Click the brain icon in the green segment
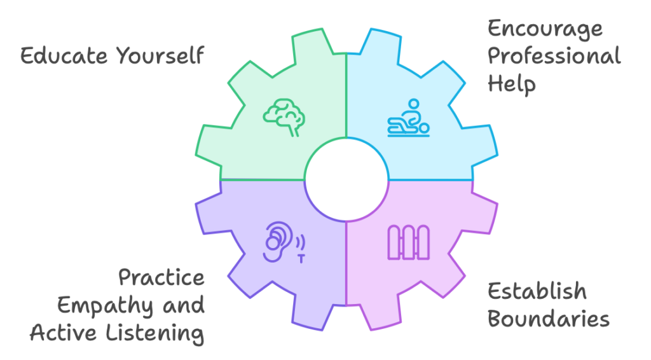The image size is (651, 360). click(284, 117)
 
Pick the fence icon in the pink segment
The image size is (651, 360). click(409, 242)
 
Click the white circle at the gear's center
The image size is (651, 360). click(346, 180)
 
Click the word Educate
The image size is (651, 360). click(64, 55)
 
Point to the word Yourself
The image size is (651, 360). click(160, 55)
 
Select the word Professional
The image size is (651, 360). click(554, 55)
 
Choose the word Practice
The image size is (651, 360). click(161, 277)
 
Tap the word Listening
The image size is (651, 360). click(155, 334)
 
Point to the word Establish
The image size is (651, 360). click(537, 291)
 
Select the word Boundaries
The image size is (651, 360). click(549, 319)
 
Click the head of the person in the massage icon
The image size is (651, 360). click(413, 104)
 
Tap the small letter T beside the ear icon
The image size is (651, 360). click(301, 259)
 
